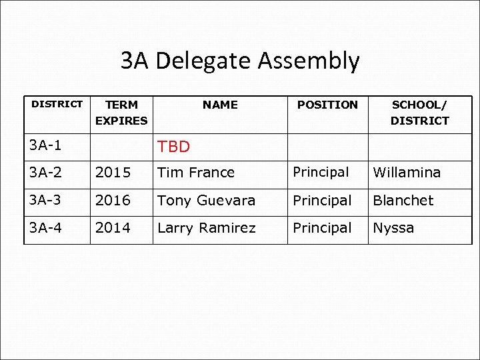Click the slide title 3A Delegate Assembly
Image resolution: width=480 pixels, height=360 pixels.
click(240, 61)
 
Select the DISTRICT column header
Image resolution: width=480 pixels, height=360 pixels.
click(57, 104)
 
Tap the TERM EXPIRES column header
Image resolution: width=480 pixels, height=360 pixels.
click(121, 113)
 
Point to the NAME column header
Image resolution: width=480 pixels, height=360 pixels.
click(220, 105)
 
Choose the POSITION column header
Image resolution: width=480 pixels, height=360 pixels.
click(327, 105)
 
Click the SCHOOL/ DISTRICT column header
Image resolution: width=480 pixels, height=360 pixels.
click(420, 113)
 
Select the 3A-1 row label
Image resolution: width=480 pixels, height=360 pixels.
click(49, 145)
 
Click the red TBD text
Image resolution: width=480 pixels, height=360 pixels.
click(173, 147)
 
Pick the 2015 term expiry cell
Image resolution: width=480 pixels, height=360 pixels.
click(113, 173)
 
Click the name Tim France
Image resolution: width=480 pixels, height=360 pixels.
click(196, 173)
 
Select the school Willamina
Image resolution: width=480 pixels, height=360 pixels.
click(407, 173)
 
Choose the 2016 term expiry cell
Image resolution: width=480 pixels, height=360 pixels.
click(113, 201)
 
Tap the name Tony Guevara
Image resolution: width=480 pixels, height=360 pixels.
click(206, 201)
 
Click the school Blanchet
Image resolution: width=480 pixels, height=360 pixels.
click(403, 201)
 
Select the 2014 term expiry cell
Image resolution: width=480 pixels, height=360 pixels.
click(113, 228)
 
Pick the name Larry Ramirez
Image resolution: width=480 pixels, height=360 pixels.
click(206, 228)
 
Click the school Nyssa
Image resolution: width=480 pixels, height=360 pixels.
click(393, 228)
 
